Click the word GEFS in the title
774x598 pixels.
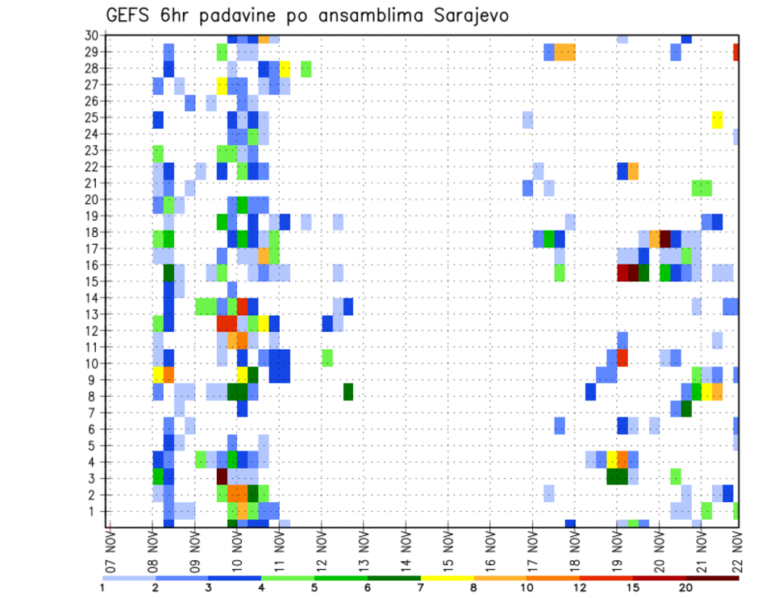coord(131,15)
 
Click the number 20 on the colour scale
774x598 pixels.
coord(685,587)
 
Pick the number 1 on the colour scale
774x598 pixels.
coord(102,587)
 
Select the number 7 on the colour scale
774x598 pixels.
coord(419,587)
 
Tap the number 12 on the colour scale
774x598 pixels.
coord(578,587)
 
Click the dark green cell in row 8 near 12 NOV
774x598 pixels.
coord(348,392)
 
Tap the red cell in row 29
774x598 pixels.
coord(735,52)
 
